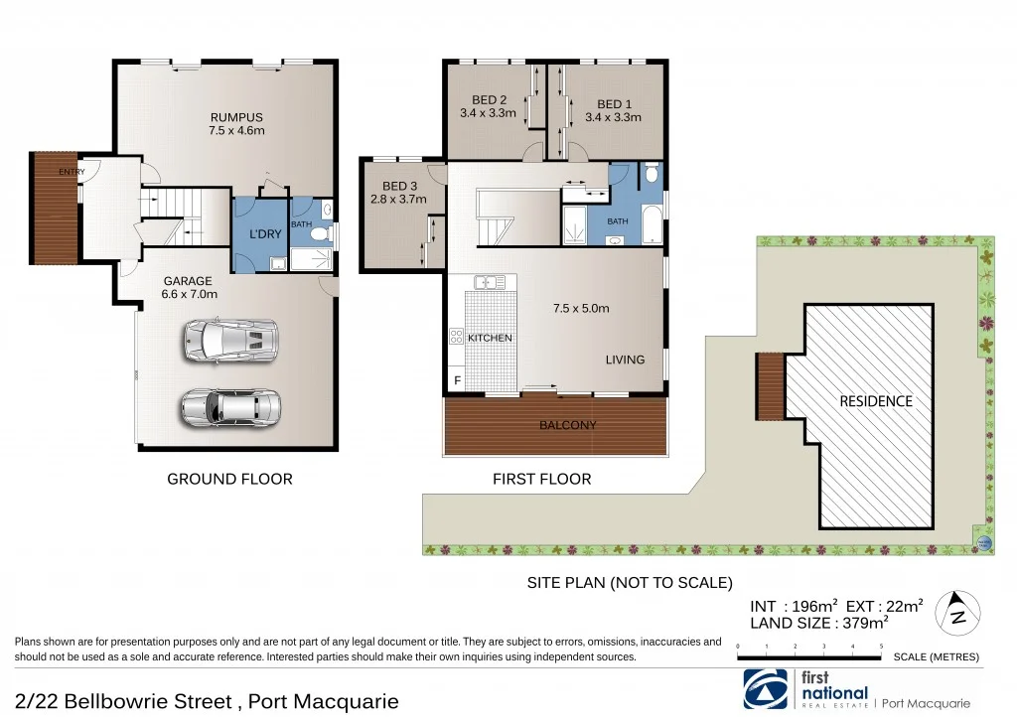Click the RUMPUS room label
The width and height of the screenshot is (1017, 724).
coord(236,117)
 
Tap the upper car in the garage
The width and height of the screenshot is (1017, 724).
coord(228,341)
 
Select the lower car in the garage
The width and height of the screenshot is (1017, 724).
coord(230,405)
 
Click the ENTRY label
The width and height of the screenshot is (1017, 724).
coord(72,172)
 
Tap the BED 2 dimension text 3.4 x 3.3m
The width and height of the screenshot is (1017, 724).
coord(489,113)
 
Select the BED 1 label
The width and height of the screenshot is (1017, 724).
coord(614,104)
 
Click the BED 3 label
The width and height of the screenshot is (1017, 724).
coord(399,186)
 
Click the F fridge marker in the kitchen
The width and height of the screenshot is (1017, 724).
coord(457,380)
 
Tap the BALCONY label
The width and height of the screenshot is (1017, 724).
coord(568,425)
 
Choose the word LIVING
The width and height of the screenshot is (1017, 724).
coord(626,360)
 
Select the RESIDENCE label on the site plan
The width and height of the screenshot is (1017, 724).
coord(875,401)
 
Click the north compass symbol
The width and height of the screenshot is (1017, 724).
coord(958,611)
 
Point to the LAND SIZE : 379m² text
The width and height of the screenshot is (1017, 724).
coord(818,623)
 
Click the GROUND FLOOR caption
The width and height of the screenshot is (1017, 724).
coord(229,479)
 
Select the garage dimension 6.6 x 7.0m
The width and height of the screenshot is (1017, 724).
coord(191,293)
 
